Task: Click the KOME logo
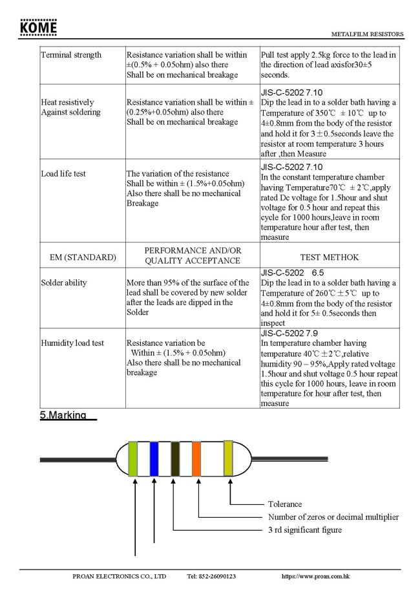38,28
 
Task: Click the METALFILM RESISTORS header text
367,34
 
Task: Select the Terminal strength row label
71,55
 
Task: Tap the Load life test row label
63,174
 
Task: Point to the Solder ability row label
64,283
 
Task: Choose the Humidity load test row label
72,343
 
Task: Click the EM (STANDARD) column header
83,257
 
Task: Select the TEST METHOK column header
330,257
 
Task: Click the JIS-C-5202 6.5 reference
292,273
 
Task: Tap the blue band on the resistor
154,459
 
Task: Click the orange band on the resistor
197,459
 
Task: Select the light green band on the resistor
133,459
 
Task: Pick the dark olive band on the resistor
175,459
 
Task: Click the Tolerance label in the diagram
285,504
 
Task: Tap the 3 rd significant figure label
305,530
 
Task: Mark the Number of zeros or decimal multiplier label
333,517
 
